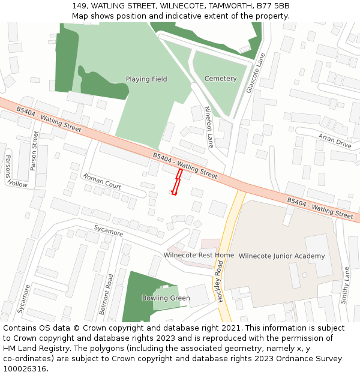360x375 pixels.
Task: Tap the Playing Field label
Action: click(x=146, y=79)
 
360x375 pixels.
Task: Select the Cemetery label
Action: click(x=220, y=79)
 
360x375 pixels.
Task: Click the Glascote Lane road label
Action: click(x=256, y=73)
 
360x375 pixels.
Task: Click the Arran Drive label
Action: click(x=335, y=141)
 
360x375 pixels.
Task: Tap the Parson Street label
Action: click(x=35, y=151)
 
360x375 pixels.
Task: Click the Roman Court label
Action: click(x=102, y=182)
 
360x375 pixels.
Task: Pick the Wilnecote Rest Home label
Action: click(x=199, y=255)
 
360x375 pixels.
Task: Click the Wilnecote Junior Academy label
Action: click(x=281, y=256)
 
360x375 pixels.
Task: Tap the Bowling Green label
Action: click(x=166, y=298)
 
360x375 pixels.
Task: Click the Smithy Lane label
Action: click(x=345, y=286)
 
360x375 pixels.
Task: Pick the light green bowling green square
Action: click(x=165, y=298)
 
